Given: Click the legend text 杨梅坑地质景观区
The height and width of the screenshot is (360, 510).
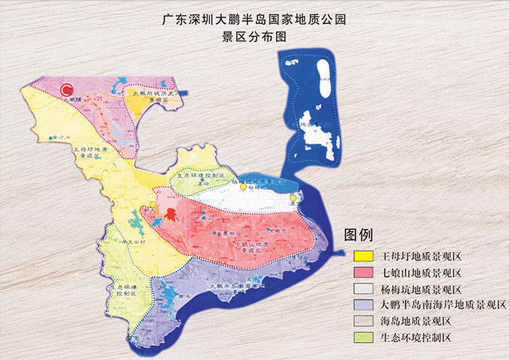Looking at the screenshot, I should coord(420,289).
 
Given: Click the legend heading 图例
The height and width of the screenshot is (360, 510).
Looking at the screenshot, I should coord(358,235).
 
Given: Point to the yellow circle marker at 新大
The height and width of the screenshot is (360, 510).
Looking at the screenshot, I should coord(152,204).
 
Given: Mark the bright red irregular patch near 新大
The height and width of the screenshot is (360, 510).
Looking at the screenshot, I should coord(171,214).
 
